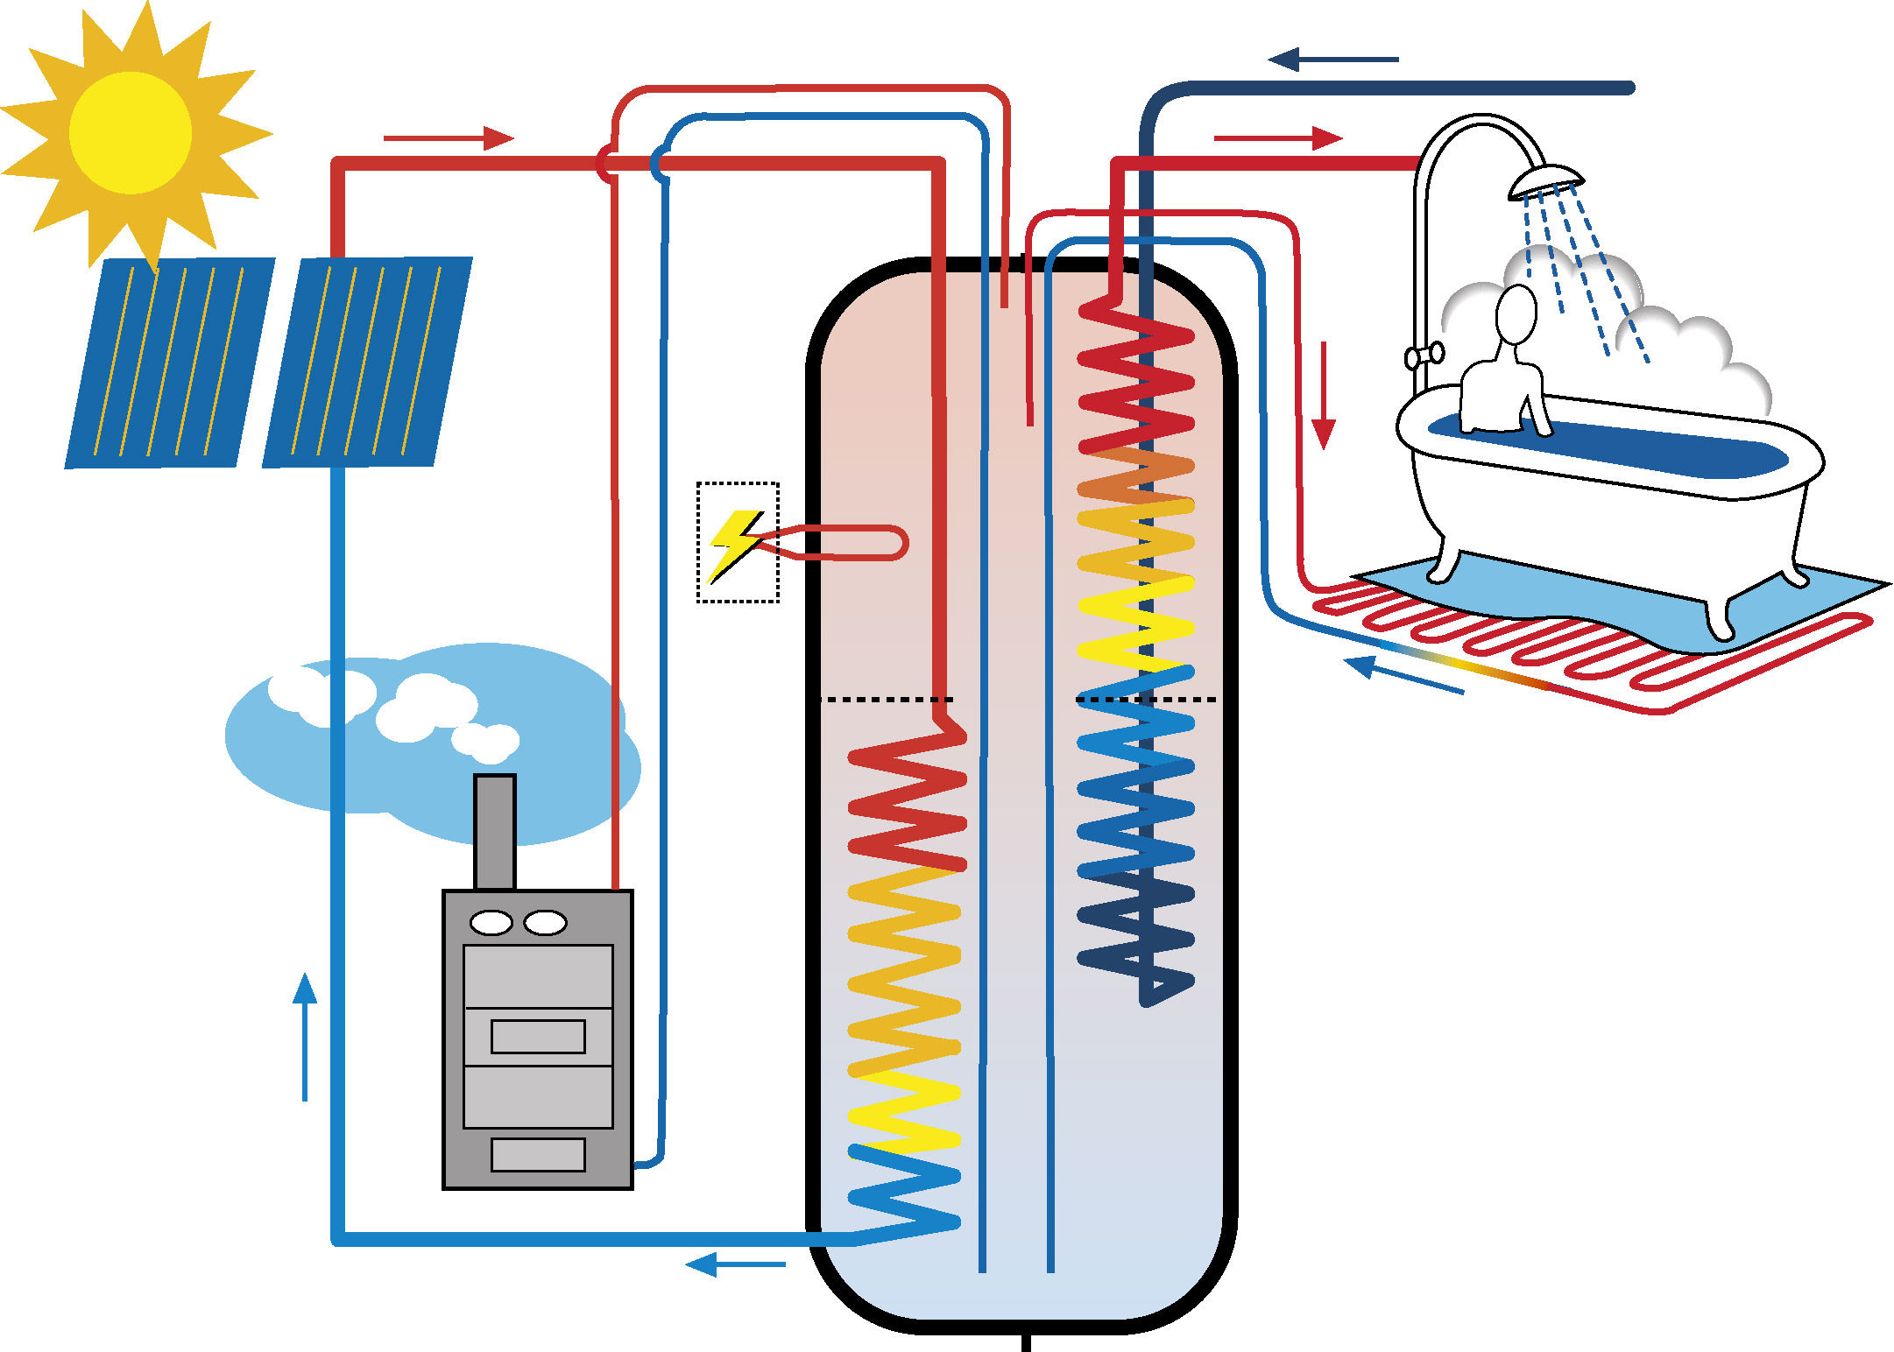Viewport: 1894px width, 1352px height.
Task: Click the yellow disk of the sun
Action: coord(131,133)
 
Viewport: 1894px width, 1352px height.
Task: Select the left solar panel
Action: coord(169,363)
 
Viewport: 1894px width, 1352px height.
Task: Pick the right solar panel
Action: coord(367,362)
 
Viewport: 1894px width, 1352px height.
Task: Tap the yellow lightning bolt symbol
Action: coord(735,542)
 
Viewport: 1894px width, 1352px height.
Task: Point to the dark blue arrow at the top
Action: coord(1332,60)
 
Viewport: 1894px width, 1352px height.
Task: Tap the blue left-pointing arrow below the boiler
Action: coord(735,1264)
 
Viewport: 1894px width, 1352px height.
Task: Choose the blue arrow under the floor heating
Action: coord(1403,674)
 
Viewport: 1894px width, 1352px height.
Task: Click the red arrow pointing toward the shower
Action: coord(1278,138)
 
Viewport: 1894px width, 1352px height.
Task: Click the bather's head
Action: coord(1516,314)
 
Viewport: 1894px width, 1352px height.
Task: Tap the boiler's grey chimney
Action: coord(495,832)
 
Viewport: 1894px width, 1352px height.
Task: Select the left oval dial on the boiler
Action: coord(491,922)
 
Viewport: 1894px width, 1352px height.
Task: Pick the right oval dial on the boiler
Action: coord(545,922)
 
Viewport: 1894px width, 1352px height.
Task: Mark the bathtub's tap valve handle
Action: coord(1424,356)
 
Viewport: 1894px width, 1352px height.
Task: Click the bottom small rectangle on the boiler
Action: coord(538,1154)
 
